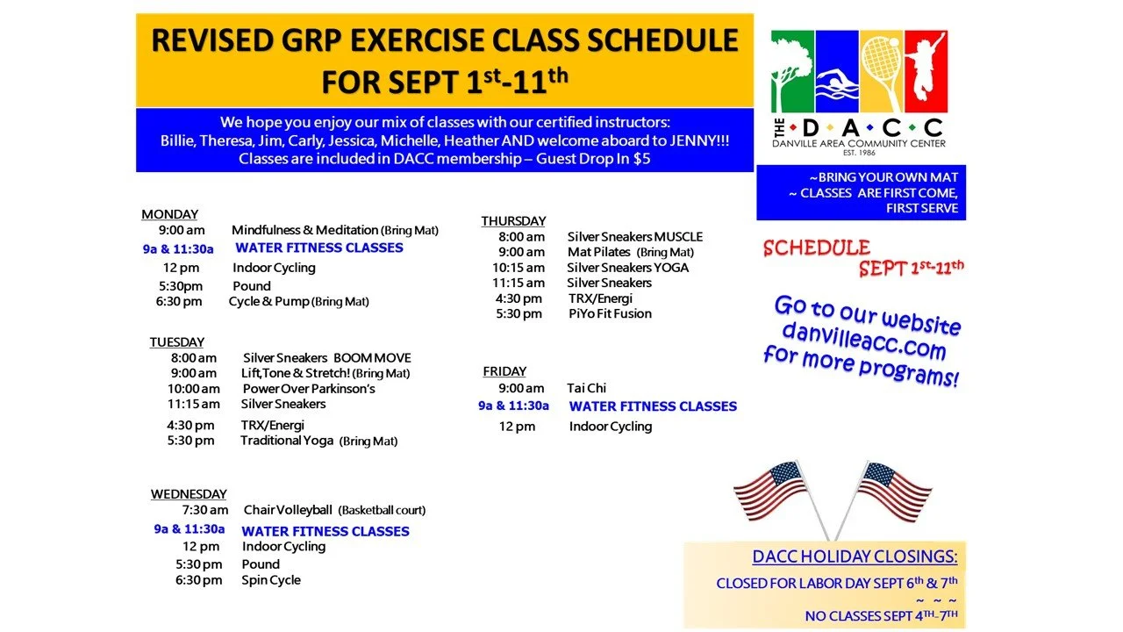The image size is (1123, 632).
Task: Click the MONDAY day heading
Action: point(169,214)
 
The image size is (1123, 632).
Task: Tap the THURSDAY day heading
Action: point(513,221)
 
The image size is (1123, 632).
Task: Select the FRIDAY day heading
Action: point(504,371)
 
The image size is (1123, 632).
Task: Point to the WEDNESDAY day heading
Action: point(189,494)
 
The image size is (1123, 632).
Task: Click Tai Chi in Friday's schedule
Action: point(586,388)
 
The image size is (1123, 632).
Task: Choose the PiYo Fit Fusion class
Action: point(610,314)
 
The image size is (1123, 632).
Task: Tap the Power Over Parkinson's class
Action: point(309,389)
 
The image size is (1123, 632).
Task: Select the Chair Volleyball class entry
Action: point(288,510)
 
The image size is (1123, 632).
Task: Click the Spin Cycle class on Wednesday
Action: point(271,580)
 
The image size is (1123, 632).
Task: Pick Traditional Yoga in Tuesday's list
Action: point(287,441)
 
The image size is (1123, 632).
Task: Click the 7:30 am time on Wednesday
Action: point(205,510)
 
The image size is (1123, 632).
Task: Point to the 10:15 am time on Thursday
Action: point(519,268)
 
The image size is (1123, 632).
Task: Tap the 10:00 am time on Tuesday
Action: point(194,389)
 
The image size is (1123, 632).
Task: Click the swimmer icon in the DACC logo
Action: point(836,83)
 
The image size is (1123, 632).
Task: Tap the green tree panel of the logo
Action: point(792,71)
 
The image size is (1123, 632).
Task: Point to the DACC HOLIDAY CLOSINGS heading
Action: point(855,557)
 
